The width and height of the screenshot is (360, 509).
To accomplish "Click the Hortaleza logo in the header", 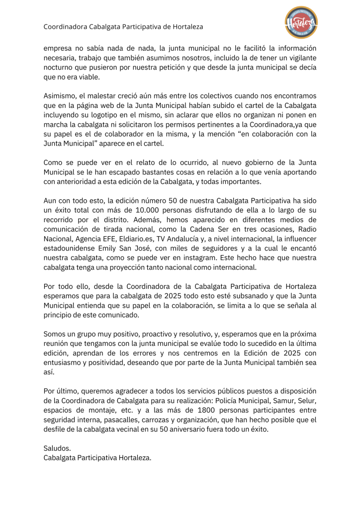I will (301, 22).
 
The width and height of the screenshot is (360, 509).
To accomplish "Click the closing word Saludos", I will (57, 448).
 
